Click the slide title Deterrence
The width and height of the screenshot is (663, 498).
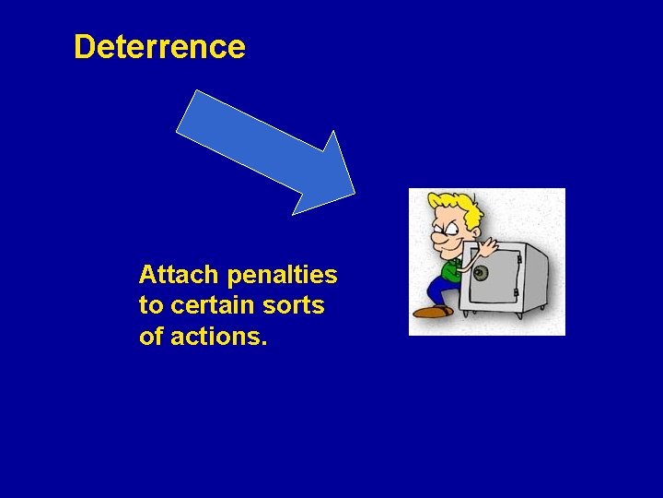tap(159, 47)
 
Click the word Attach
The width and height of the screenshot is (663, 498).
tap(179, 275)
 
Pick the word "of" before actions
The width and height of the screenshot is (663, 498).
tap(149, 337)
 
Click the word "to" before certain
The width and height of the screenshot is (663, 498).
tap(149, 305)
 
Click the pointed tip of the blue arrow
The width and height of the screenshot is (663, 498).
tap(354, 193)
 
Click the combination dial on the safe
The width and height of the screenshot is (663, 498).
tap(480, 274)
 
